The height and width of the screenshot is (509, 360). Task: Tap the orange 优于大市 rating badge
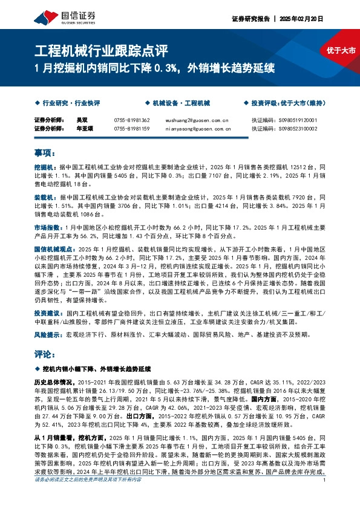(340, 51)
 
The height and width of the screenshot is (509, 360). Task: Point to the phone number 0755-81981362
(131, 120)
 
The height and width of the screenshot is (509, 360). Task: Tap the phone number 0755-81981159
(131, 128)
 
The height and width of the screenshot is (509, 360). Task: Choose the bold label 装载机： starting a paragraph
(45, 197)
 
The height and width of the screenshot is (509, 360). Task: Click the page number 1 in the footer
(326, 497)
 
